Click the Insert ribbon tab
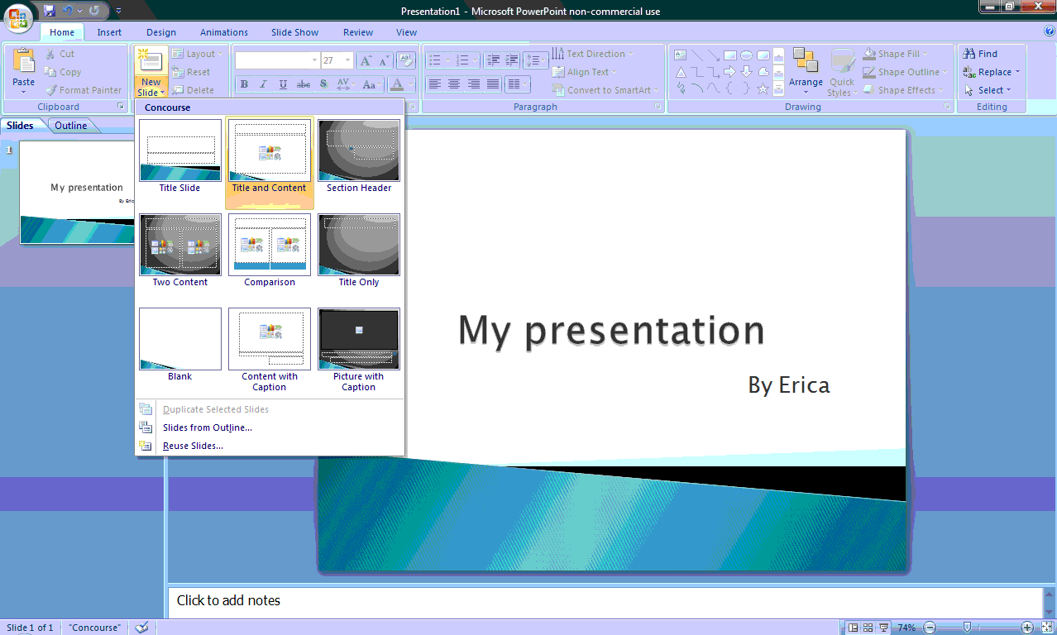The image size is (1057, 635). tap(109, 32)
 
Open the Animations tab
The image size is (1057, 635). tap(223, 32)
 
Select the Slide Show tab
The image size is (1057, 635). tap(294, 32)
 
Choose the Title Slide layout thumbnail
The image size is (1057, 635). tap(180, 150)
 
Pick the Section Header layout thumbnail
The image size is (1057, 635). tap(359, 150)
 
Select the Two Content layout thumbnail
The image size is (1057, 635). tap(180, 245)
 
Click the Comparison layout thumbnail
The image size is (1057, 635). tap(270, 245)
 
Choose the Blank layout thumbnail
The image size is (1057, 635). tap(180, 339)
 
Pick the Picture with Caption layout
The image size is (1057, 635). tap(359, 339)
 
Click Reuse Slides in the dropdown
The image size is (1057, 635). tap(193, 446)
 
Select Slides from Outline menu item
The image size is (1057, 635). tap(207, 427)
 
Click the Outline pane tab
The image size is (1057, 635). tap(71, 126)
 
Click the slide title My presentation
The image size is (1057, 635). tap(611, 331)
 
